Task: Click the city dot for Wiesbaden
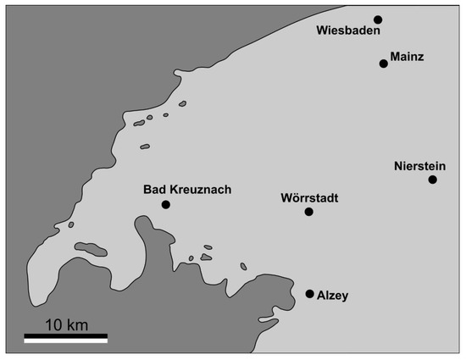point(378,19)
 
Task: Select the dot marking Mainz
point(384,64)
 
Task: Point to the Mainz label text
point(407,58)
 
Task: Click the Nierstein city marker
point(432,180)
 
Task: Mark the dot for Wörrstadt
point(308,212)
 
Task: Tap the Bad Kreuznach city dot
point(166,205)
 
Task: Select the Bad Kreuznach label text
point(187,190)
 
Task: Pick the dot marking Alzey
point(309,294)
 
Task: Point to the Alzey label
point(332,296)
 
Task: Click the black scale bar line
point(65,339)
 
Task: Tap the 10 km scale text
point(66,324)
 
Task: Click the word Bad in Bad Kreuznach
point(155,190)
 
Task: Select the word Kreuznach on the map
point(200,190)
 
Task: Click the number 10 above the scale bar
point(53,324)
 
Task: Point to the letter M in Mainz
point(395,58)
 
